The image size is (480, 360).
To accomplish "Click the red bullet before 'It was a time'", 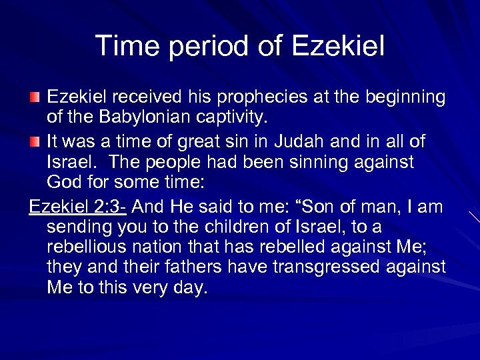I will (x=35, y=142).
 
